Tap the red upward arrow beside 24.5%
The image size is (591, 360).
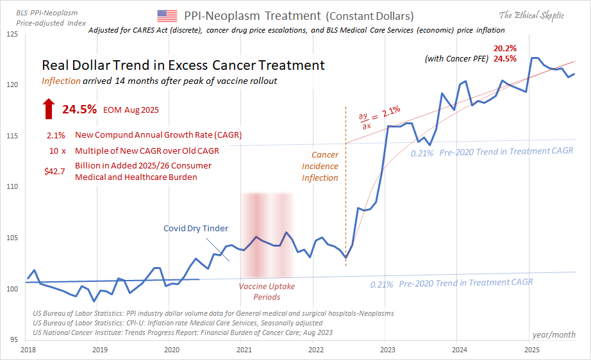[49, 109]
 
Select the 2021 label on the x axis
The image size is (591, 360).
[244, 350]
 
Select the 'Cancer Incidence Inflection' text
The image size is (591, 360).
[320, 167]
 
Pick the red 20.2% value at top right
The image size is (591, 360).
[504, 49]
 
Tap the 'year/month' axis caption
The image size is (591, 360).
[553, 334]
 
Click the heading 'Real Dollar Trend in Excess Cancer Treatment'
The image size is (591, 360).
[183, 65]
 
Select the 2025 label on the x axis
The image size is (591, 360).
[531, 350]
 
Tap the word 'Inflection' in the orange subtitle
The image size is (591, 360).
[62, 81]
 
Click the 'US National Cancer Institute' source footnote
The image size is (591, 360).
[182, 332]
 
